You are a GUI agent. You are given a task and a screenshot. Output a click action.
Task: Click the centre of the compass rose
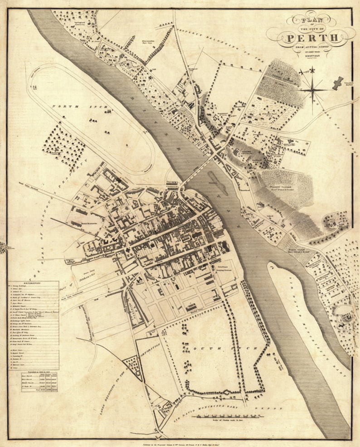[312, 89]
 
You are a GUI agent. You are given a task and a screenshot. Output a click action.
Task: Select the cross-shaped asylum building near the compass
[338, 83]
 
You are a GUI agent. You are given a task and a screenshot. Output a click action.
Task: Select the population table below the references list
[39, 382]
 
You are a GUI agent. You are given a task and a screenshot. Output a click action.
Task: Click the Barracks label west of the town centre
[90, 223]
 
